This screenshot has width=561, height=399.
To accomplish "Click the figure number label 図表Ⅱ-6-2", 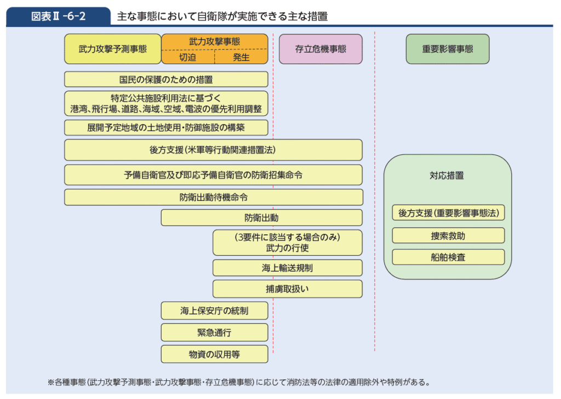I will tap(58, 16).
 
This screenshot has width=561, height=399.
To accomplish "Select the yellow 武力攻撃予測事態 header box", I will tap(112, 49).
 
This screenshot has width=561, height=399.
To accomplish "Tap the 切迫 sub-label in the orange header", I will tap(187, 57).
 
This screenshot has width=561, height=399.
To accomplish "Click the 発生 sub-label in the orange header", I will tap(241, 57).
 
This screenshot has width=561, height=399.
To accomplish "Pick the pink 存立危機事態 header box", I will tap(320, 49).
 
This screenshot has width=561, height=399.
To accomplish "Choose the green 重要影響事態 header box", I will tap(448, 49).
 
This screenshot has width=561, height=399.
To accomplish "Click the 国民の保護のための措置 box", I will tap(166, 79).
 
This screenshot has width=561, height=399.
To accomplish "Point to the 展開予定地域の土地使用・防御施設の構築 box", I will tap(166, 127).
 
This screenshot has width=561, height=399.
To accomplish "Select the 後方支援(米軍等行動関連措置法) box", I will tap(213, 150).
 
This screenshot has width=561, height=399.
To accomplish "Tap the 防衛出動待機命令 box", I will tap(213, 197).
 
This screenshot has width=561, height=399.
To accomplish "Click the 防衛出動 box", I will tap(261, 217).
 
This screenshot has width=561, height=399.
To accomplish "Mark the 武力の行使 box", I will tap(287, 243).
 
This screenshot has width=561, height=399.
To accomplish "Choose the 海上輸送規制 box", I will tap(287, 268).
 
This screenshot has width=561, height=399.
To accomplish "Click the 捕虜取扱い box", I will tap(287, 289).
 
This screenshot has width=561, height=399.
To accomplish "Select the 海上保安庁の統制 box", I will tap(214, 311).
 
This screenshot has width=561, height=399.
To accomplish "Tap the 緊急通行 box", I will tap(214, 332).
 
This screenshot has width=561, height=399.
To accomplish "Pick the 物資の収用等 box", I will tap(214, 354).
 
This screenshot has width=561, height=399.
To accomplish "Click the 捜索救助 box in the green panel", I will tap(448, 235).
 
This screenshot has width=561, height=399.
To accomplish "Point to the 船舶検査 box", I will tap(448, 257).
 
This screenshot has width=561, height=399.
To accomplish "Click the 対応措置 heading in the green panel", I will tap(447, 176).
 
